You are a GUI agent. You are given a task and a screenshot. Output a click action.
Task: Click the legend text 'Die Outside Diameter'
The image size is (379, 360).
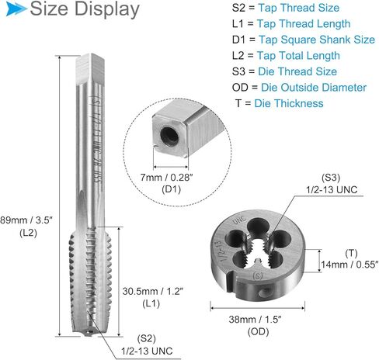point(319,87)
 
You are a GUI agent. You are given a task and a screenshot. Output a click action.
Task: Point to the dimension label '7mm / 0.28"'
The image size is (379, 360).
point(179,178)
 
